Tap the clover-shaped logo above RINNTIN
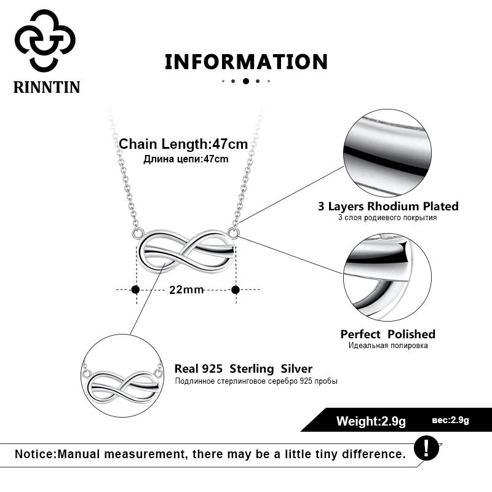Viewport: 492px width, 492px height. [x=45, y=40]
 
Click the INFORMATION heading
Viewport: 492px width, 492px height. [x=246, y=61]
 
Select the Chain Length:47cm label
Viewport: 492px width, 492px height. [x=183, y=145]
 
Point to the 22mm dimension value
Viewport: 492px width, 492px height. [x=186, y=290]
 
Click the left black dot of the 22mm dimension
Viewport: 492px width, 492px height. [x=135, y=289]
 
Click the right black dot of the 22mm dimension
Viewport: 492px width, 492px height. [x=235, y=289]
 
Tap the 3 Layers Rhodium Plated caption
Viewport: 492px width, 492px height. [x=388, y=207]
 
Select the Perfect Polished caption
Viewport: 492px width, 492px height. [x=387, y=334]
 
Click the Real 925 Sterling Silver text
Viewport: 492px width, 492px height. [x=244, y=369]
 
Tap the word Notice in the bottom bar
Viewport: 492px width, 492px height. [x=34, y=454]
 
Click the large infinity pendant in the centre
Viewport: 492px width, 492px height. [x=186, y=252]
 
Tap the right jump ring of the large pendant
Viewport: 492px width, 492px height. [x=232, y=232]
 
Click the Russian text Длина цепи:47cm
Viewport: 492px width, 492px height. [x=186, y=159]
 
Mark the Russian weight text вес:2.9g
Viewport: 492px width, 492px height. [x=451, y=421]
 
